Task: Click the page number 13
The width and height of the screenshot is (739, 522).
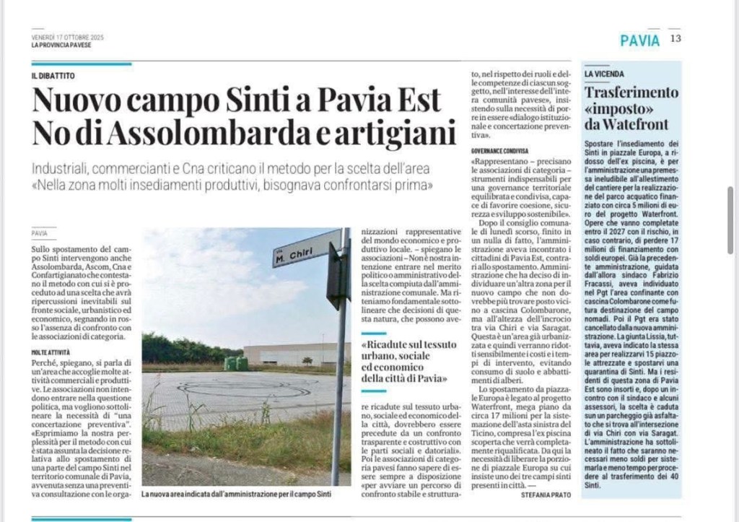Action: click(x=675, y=39)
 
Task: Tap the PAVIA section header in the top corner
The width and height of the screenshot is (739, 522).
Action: click(x=639, y=40)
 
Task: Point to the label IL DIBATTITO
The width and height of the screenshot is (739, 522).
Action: click(x=53, y=77)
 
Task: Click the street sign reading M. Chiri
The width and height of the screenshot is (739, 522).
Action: click(x=296, y=251)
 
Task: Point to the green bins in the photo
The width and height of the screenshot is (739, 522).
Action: click(x=236, y=363)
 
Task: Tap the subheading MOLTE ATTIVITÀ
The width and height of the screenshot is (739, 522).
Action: click(x=50, y=351)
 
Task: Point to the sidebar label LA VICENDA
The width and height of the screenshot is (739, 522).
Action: click(x=604, y=74)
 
